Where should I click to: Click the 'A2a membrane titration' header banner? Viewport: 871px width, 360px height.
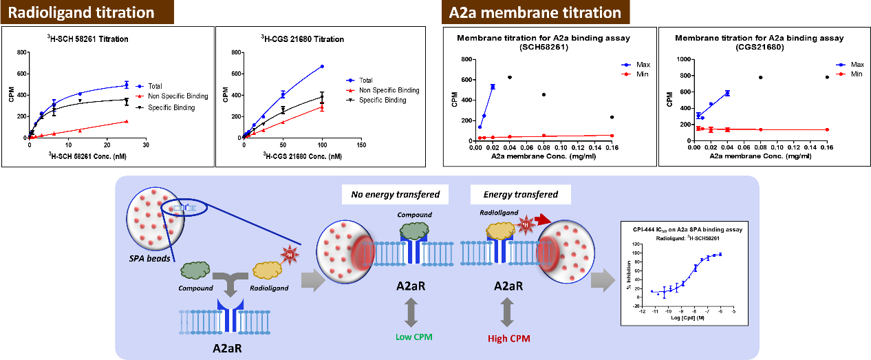point(525,13)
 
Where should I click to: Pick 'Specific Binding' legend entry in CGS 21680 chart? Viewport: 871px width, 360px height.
point(381,100)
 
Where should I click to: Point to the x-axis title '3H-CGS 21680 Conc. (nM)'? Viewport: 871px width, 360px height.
point(301,156)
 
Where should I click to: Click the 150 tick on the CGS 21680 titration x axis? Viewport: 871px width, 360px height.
point(361,145)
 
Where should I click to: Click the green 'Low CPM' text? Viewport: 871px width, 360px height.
point(411,337)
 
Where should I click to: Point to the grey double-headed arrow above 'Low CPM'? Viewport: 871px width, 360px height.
point(411,314)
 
